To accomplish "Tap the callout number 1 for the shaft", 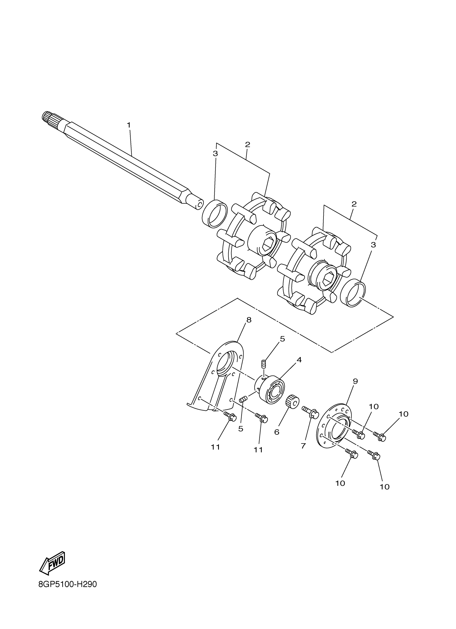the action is [x=128, y=125].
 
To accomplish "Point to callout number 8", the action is [x=248, y=320].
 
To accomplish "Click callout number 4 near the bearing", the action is [x=299, y=360].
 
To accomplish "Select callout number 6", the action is [x=277, y=432].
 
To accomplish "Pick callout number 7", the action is [x=303, y=446].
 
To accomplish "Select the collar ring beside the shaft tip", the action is [x=214, y=214].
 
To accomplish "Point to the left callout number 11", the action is [x=215, y=447].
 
